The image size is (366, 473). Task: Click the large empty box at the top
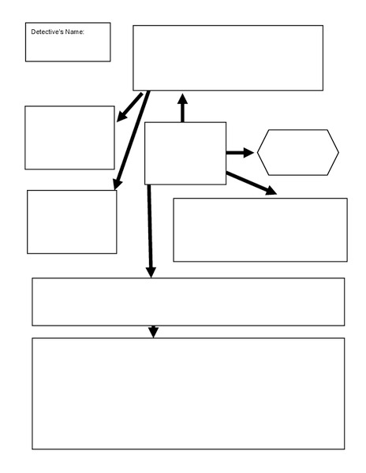pyautogui.click(x=227, y=58)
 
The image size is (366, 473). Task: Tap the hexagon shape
pyautogui.click(x=297, y=152)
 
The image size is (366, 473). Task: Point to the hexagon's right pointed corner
pyautogui.click(x=338, y=152)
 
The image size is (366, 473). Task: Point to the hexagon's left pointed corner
pyautogui.click(x=258, y=152)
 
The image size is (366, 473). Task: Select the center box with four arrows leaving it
pyautogui.click(x=185, y=153)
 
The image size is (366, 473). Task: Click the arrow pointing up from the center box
pyautogui.click(x=183, y=108)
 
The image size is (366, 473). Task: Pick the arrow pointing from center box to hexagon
pyautogui.click(x=240, y=152)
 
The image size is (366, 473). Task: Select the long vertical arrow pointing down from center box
pyautogui.click(x=150, y=229)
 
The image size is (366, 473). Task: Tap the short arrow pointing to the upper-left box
pyautogui.click(x=129, y=107)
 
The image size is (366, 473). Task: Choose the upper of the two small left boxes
pyautogui.click(x=69, y=137)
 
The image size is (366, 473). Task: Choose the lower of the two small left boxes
pyautogui.click(x=72, y=222)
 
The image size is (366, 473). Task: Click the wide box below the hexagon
pyautogui.click(x=260, y=229)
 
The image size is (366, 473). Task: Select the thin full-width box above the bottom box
pyautogui.click(x=188, y=301)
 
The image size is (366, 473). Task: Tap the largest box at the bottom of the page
pyautogui.click(x=188, y=393)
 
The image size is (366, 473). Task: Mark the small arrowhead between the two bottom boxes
pyautogui.click(x=153, y=332)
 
